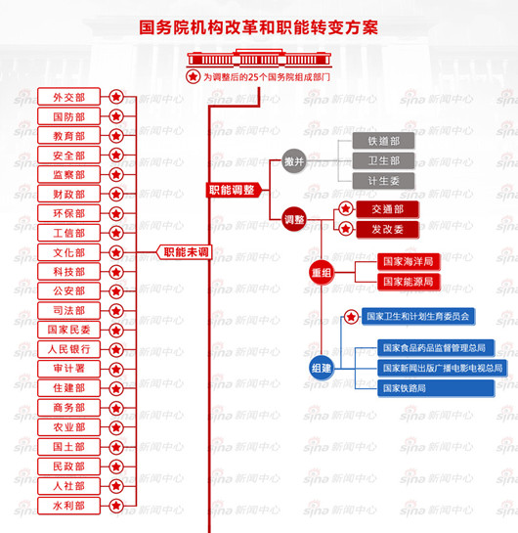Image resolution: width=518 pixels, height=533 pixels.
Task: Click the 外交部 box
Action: pyautogui.click(x=68, y=97)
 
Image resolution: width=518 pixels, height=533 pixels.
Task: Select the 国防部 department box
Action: pyautogui.click(x=68, y=116)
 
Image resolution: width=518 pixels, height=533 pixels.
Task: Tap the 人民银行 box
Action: pyautogui.click(x=68, y=349)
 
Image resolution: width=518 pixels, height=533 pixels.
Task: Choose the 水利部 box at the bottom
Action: pyautogui.click(x=68, y=505)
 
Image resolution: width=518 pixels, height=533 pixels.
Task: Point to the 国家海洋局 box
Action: pyautogui.click(x=409, y=262)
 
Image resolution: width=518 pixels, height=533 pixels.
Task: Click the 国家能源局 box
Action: pyautogui.click(x=409, y=282)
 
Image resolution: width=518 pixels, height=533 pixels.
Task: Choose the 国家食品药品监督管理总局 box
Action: pyautogui.click(x=435, y=347)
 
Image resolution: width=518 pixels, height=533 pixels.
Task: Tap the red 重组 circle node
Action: pyautogui.click(x=322, y=271)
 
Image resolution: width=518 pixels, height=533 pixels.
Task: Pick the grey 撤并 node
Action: pyautogui.click(x=293, y=161)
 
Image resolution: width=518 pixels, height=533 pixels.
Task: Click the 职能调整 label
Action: pyautogui.click(x=232, y=190)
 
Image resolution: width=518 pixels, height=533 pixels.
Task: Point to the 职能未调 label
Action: pyautogui.click(x=186, y=252)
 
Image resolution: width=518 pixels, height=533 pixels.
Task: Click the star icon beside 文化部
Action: pyautogui.click(x=116, y=252)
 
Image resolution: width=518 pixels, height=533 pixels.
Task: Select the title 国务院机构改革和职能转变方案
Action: pyautogui.click(x=258, y=26)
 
